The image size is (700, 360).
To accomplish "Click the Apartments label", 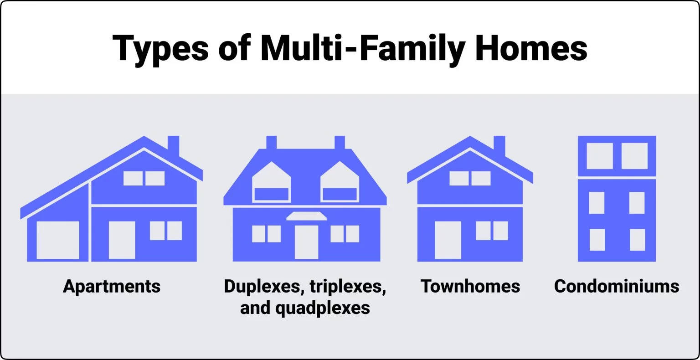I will click(x=112, y=287).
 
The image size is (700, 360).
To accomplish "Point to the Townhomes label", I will click(x=470, y=286).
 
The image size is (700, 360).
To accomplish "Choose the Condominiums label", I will click(x=617, y=286).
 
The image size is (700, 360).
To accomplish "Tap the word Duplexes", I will click(x=263, y=286).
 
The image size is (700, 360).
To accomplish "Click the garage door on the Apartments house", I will click(x=58, y=240).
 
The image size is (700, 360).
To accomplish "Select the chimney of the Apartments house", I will click(x=173, y=145).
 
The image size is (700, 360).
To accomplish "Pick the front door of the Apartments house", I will click(x=122, y=240).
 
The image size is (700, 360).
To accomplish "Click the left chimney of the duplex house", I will click(x=271, y=142).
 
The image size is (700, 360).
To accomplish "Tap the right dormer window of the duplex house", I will click(x=340, y=194).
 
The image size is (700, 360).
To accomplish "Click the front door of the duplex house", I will click(x=306, y=242).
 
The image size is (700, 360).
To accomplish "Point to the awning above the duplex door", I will click(x=306, y=216).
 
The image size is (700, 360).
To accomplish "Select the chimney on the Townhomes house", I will click(x=499, y=145).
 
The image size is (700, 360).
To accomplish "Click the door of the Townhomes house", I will click(x=448, y=240).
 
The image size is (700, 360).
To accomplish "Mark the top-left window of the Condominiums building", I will click(x=599, y=156).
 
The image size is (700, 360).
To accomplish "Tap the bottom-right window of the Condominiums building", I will click(x=637, y=240).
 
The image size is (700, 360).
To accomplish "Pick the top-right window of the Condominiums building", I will click(x=634, y=156).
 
